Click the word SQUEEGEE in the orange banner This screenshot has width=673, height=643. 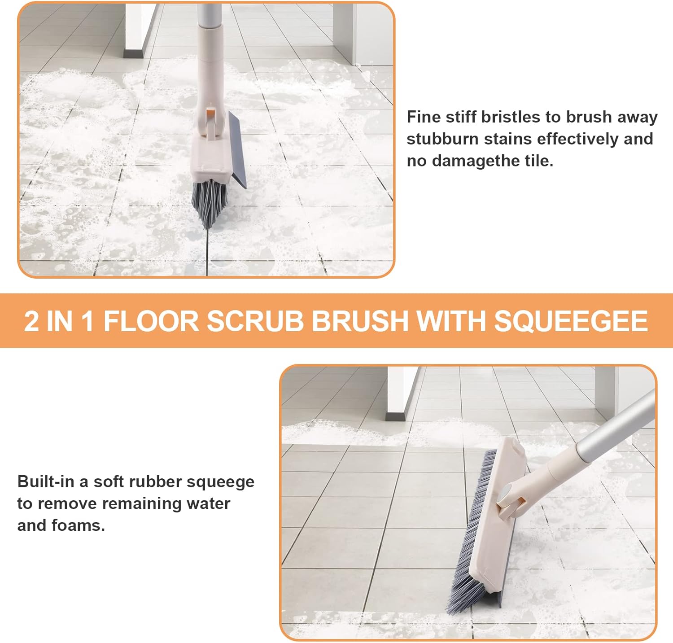coord(571,321)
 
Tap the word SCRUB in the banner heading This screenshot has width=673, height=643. coord(256,321)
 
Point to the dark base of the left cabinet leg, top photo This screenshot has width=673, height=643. coord(133,53)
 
